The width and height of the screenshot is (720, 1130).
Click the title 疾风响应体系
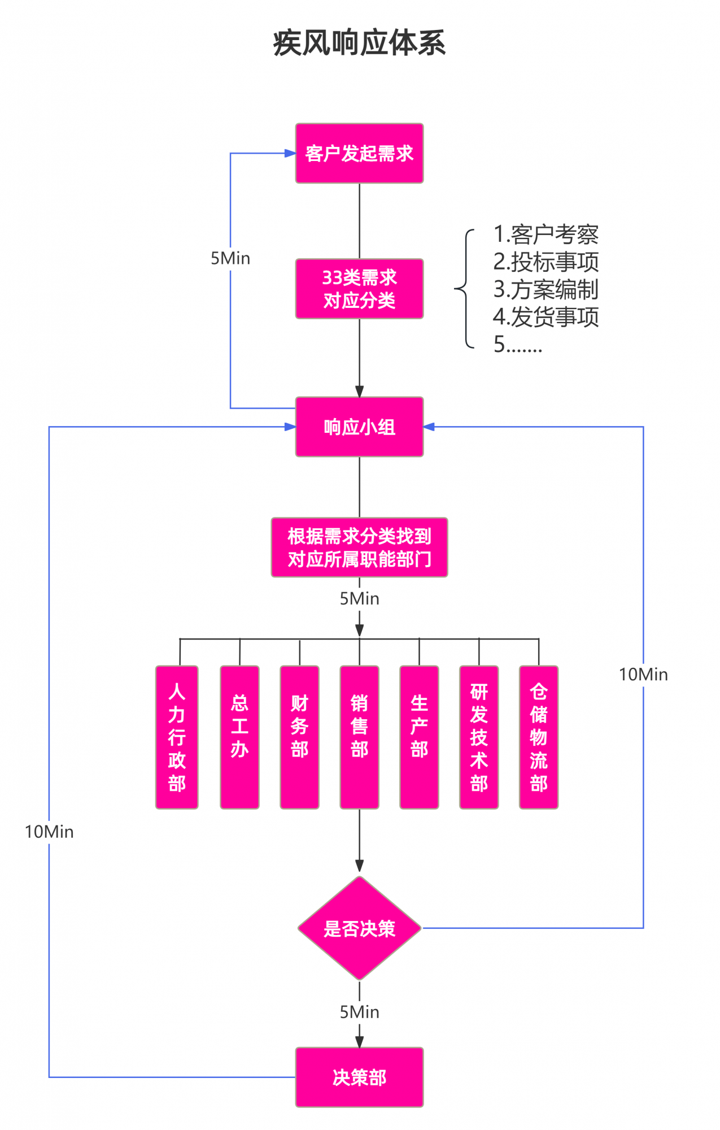pos(359,43)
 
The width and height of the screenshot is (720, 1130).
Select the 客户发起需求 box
pos(359,153)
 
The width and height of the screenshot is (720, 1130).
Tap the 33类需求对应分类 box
pos(359,289)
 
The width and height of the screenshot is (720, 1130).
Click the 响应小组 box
pos(359,427)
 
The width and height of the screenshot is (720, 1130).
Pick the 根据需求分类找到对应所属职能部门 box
pos(359,547)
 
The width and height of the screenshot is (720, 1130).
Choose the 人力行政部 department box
pos(177,737)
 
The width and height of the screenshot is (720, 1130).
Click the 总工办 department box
pos(239,737)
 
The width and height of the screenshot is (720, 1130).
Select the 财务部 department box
pos(299,737)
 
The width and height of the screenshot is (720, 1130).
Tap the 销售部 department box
pos(359,737)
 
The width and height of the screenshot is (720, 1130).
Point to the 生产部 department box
pos(419,737)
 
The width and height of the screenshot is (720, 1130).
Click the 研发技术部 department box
pos(479,737)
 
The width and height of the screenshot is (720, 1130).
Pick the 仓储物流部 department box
pos(539,737)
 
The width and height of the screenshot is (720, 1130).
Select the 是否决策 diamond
pos(359,928)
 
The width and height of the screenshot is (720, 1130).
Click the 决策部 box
pos(359,1077)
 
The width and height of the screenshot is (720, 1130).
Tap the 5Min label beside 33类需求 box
pos(230,258)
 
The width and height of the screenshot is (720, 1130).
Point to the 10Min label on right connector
pos(643,674)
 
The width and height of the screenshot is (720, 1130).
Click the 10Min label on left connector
pos(49,832)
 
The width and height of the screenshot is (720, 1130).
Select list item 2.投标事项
pos(546,262)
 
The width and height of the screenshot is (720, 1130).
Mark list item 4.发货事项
pos(546,316)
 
